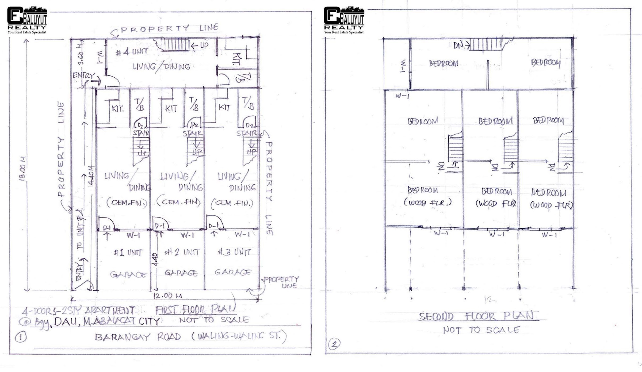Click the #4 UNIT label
click(132, 52)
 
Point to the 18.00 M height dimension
click(23, 169)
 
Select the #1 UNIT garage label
click(128, 253)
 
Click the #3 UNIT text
click(235, 252)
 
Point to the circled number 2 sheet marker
click(334, 344)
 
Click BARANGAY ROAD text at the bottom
click(138, 337)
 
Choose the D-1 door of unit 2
click(160, 226)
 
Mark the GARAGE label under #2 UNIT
click(181, 273)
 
